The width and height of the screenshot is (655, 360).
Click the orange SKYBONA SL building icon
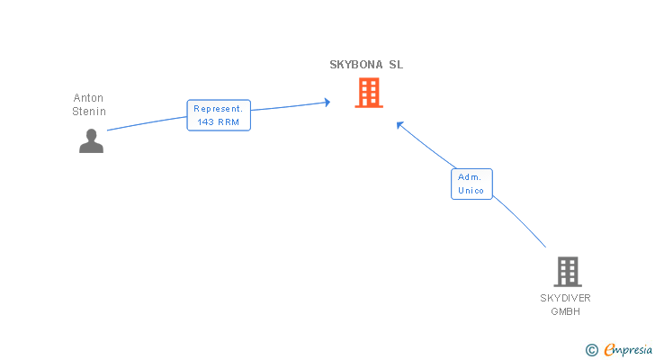click(369, 93)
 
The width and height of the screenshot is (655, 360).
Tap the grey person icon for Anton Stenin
click(92, 140)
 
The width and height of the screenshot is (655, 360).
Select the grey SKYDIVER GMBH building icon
click(568, 272)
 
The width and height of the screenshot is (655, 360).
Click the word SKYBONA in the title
click(356, 65)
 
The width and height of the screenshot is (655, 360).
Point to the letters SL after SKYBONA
click(396, 65)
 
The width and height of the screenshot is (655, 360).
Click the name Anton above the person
click(88, 98)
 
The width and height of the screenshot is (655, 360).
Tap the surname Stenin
click(89, 112)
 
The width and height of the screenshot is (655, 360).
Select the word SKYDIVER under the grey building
click(565, 298)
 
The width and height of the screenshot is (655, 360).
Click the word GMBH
click(565, 311)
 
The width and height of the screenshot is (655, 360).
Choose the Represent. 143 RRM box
click(219, 115)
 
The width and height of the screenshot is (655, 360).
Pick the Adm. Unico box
click(471, 184)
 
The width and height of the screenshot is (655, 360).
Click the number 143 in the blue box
click(205, 121)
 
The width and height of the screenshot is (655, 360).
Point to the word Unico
click(471, 191)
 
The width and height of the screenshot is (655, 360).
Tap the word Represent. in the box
click(218, 109)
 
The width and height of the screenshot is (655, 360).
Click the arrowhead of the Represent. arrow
click(327, 102)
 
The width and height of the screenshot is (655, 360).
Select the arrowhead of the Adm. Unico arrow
click(399, 125)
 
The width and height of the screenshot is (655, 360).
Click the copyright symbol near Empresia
click(591, 350)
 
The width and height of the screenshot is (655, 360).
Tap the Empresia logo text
click(628, 349)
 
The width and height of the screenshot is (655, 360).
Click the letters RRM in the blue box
click(229, 121)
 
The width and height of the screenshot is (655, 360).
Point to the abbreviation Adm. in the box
click(470, 177)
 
